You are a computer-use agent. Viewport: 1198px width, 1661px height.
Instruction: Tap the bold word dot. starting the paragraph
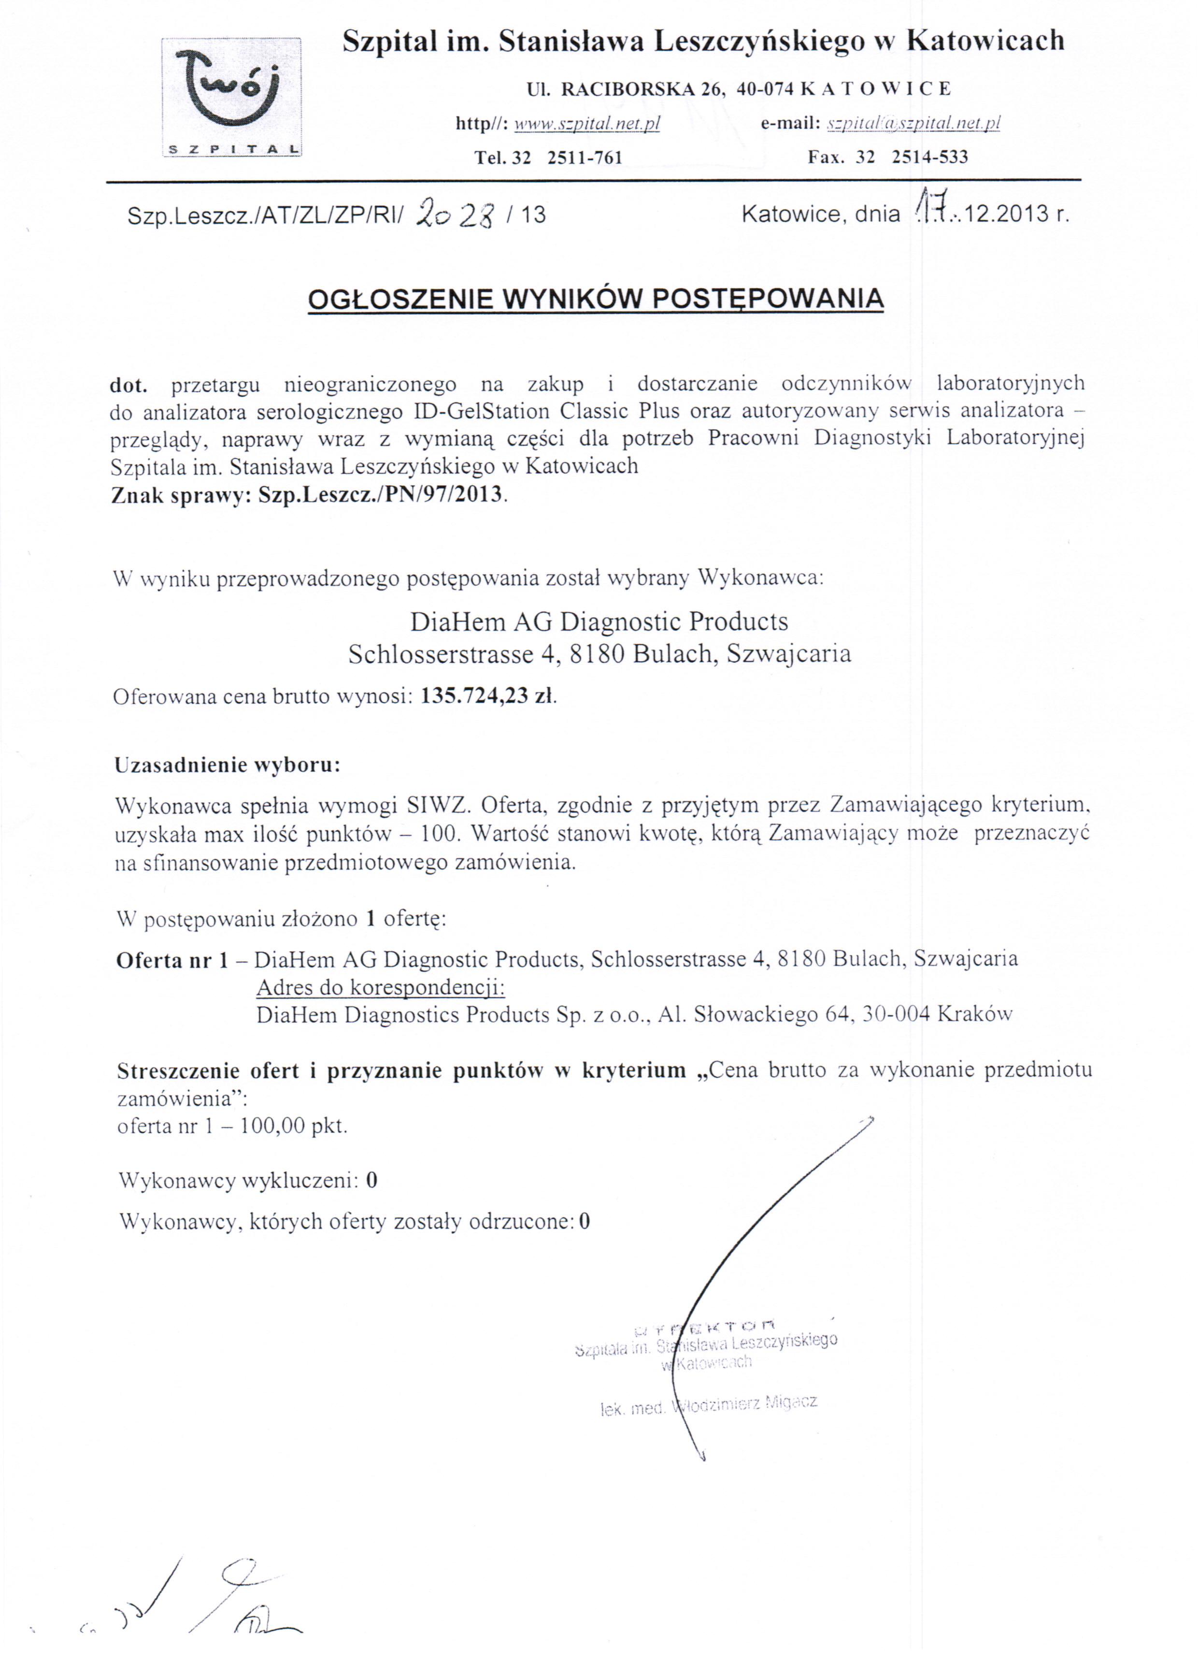click(129, 384)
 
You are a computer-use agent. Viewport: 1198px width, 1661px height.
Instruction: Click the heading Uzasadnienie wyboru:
click(227, 766)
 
